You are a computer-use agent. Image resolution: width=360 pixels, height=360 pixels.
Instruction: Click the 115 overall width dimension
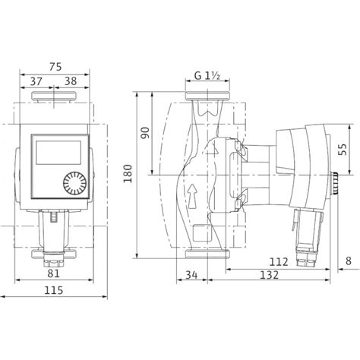52,289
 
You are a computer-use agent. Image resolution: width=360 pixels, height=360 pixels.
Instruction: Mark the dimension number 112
278,262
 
